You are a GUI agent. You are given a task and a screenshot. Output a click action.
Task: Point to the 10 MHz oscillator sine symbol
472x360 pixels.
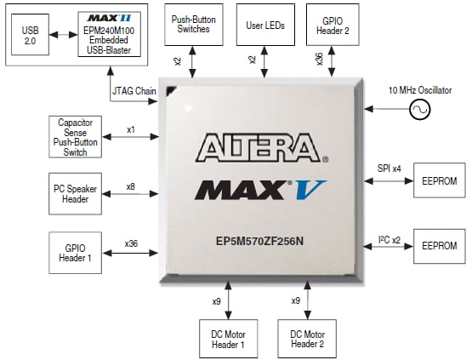[x=419, y=109]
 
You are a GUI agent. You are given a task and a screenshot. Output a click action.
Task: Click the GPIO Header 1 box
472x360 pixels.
[x=74, y=251]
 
